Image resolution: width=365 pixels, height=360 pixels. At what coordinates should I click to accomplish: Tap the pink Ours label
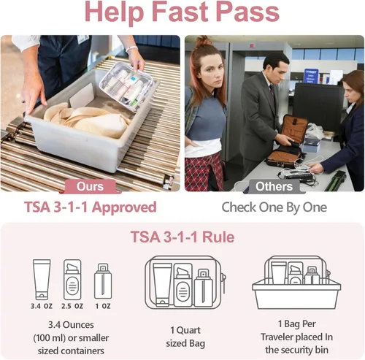tap(91, 186)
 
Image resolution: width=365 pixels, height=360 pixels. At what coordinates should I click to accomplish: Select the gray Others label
tap(274, 186)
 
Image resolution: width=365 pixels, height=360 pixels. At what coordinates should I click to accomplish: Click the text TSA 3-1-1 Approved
tap(91, 207)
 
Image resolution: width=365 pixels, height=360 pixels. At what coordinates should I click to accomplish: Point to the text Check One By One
tap(274, 207)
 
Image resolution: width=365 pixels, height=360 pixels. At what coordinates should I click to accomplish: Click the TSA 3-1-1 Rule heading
tap(182, 237)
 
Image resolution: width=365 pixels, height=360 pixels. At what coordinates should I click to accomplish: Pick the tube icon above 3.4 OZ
tap(42, 277)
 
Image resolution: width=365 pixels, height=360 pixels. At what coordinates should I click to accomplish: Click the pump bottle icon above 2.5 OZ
tap(73, 277)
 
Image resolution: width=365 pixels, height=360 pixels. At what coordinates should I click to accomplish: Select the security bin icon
tap(296, 285)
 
